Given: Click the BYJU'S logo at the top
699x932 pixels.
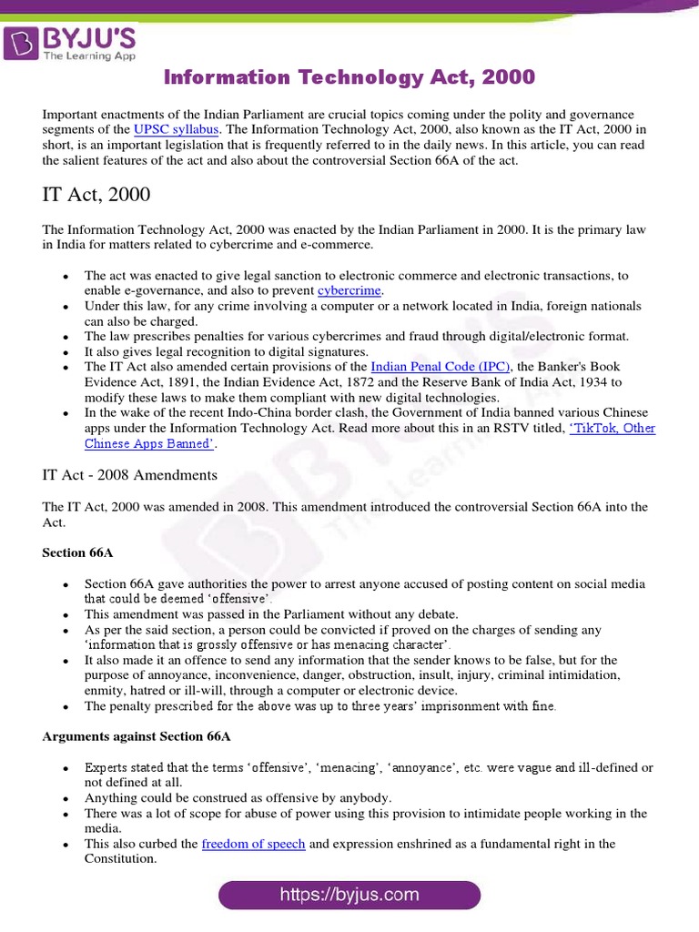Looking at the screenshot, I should click(71, 42).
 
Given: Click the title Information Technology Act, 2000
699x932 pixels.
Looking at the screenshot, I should click(349, 78).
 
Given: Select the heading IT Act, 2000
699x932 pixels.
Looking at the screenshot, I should click(96, 195).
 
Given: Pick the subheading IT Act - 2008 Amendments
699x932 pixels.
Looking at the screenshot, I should click(130, 475).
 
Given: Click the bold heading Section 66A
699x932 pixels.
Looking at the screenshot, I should click(78, 552).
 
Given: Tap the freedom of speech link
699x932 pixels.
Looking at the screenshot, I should click(253, 844).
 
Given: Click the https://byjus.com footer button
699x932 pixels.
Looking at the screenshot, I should click(349, 895).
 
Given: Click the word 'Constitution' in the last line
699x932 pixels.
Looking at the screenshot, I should click(122, 859).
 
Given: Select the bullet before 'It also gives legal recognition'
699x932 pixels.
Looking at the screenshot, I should click(65, 352).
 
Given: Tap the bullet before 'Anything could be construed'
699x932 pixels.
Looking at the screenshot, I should click(65, 797).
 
